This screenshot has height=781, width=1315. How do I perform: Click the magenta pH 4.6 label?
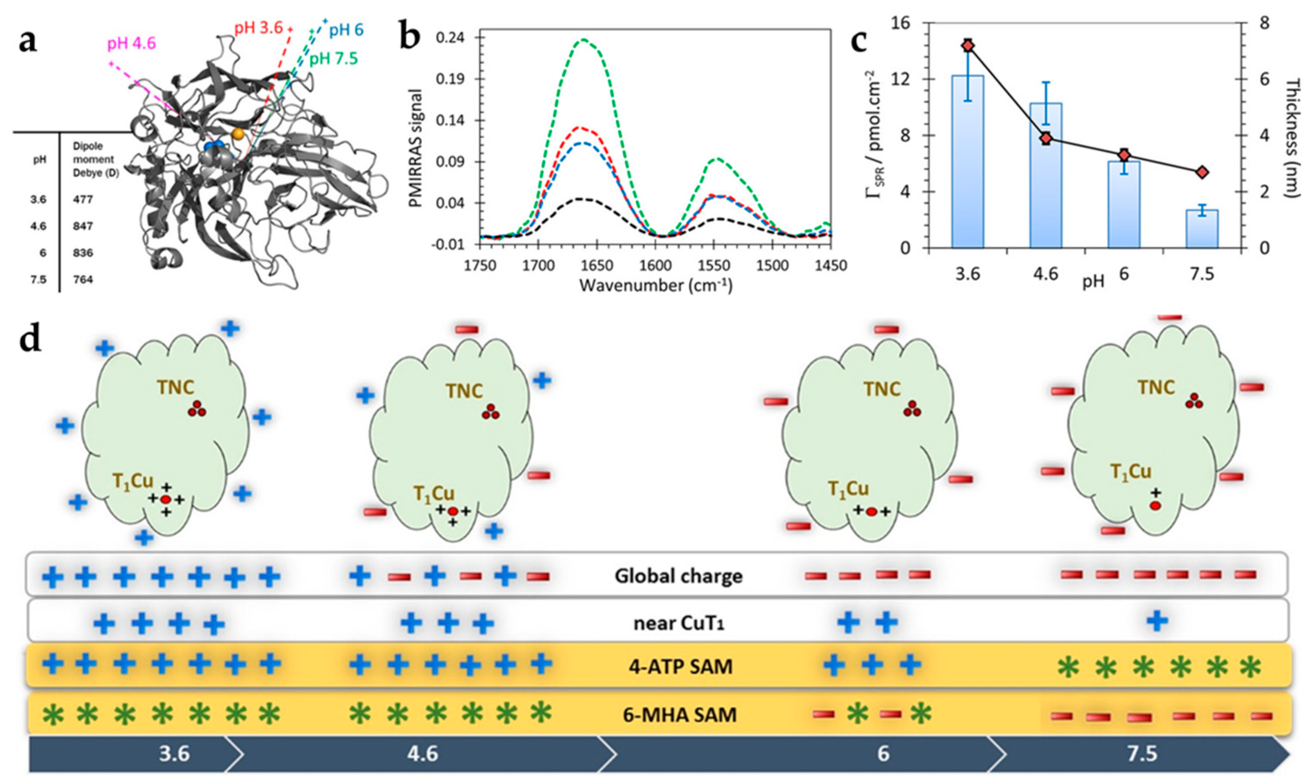click(132, 44)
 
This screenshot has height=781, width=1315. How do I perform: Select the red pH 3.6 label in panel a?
click(258, 27)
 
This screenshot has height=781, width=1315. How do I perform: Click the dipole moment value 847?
click(83, 226)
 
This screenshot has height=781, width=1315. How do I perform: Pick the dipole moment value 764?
click(83, 279)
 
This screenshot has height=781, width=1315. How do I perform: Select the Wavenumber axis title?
click(656, 286)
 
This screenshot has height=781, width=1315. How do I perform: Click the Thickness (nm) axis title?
click(1292, 138)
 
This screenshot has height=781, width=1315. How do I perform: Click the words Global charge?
click(678, 576)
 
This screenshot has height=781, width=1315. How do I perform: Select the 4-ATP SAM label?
click(681, 667)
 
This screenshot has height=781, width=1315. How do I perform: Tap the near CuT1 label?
click(679, 624)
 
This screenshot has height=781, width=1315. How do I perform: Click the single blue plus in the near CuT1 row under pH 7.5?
click(1157, 622)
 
